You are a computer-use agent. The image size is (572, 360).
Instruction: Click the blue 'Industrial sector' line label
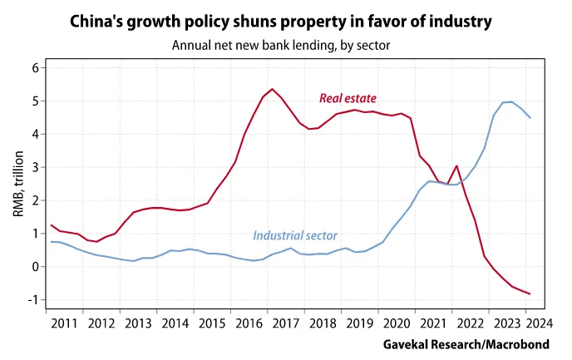295,236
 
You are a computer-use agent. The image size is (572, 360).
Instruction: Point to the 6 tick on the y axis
36,67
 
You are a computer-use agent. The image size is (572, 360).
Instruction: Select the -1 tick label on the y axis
33,300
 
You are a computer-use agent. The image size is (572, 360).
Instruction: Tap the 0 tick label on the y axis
36,267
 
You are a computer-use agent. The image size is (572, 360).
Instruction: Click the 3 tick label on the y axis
36,167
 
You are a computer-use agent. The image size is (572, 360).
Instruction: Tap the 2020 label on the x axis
396,323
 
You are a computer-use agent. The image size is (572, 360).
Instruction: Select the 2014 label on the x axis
175,323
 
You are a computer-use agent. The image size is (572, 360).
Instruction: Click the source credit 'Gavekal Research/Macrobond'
471,343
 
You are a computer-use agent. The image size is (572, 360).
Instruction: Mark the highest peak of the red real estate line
272,89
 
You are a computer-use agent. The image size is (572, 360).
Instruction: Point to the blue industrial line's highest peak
510,101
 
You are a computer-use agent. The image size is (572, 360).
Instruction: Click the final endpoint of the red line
530,293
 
